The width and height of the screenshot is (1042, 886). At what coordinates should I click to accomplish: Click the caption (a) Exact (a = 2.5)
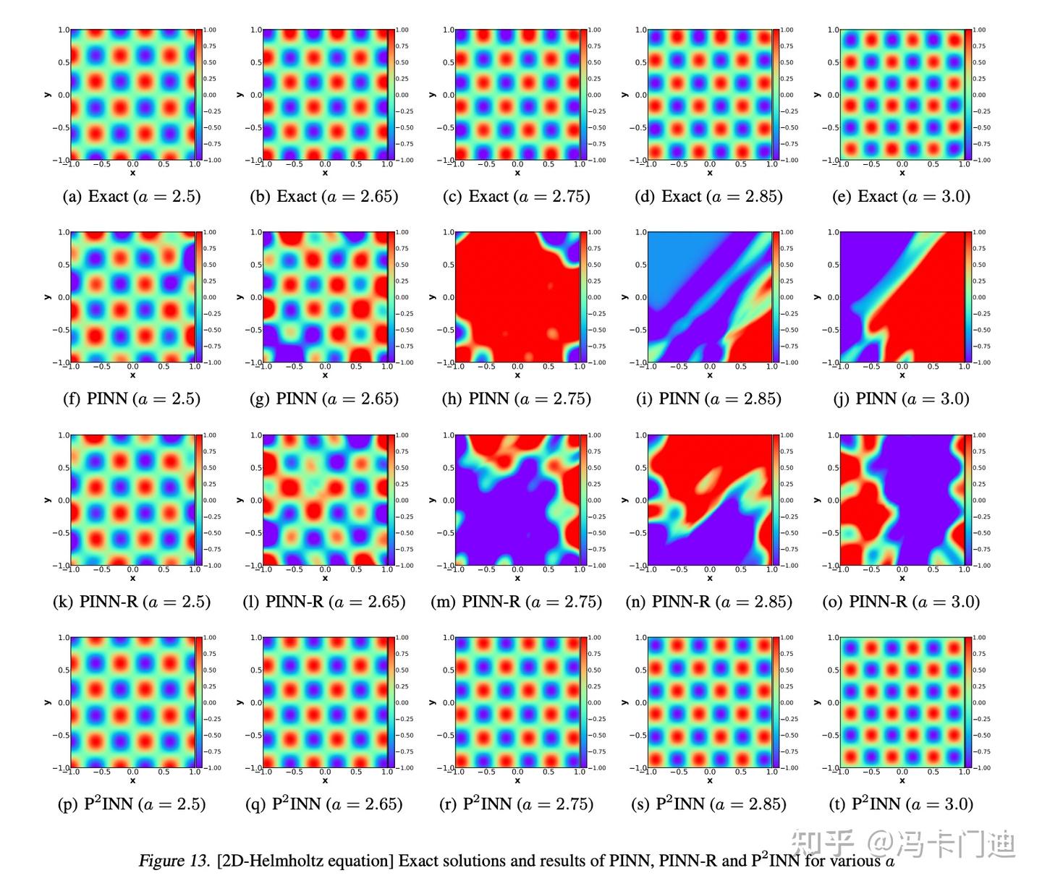(132, 197)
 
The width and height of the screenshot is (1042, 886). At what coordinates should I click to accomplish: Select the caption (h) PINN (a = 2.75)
(517, 399)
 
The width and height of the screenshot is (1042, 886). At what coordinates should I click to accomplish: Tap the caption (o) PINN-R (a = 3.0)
(901, 602)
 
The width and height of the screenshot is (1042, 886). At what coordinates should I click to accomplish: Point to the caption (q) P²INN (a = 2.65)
(324, 804)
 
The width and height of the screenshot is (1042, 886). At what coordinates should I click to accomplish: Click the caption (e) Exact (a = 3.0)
(902, 197)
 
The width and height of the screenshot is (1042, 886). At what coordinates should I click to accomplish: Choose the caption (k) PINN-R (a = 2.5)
(132, 602)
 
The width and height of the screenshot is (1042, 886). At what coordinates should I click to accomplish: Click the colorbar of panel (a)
(199, 95)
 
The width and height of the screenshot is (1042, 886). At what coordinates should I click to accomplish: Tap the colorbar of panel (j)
(968, 297)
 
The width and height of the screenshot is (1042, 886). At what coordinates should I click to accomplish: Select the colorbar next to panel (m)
(584, 500)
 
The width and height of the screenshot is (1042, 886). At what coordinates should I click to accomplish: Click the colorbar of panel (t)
(968, 702)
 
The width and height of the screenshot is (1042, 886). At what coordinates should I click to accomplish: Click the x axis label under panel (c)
(517, 174)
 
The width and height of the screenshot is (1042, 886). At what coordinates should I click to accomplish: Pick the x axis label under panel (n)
(710, 579)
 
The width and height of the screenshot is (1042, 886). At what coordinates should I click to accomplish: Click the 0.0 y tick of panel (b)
(257, 95)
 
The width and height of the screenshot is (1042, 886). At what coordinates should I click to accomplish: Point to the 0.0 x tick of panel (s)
(710, 772)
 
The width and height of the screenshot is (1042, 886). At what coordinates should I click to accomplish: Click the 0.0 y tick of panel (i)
(642, 297)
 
